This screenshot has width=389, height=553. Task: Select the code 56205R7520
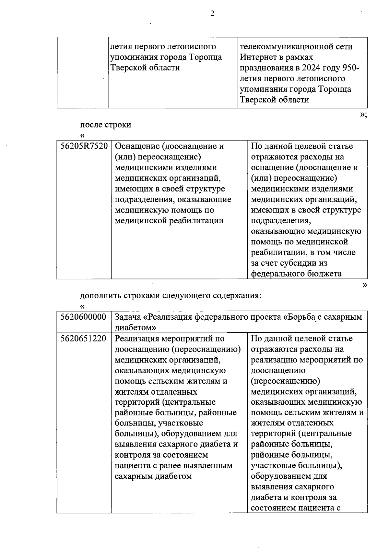pos(84,146)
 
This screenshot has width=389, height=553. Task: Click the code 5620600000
pos(84,317)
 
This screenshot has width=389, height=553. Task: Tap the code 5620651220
pos(84,338)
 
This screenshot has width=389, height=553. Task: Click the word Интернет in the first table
pos(257,57)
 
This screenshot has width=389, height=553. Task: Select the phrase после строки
pos(105,125)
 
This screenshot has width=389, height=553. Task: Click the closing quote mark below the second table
pos(365,285)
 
